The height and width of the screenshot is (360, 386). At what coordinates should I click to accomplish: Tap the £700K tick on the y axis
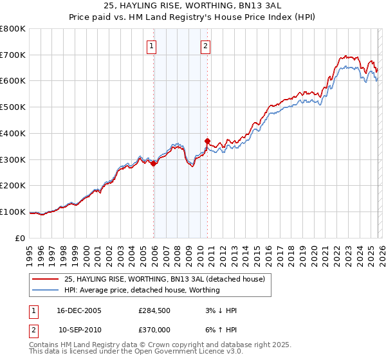tap(13, 55)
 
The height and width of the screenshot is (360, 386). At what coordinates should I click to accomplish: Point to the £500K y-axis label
tap(13, 107)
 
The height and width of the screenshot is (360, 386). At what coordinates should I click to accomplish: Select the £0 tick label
tap(19, 238)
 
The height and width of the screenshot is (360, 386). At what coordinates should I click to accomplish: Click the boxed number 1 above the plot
tap(151, 46)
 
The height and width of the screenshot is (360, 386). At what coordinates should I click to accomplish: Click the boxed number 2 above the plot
tap(205, 46)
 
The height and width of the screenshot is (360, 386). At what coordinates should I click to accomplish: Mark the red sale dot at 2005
tap(154, 164)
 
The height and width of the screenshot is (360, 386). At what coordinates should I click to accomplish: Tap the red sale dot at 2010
tap(207, 141)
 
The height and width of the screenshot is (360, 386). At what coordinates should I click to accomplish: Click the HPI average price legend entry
tap(142, 290)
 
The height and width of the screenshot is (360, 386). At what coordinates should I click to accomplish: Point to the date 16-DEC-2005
tap(79, 310)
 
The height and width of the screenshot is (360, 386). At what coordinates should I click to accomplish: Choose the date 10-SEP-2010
tap(79, 329)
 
